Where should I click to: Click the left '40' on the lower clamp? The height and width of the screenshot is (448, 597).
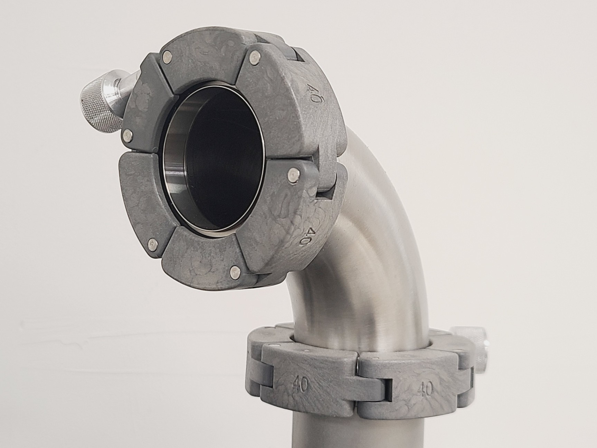tap(300, 386)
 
